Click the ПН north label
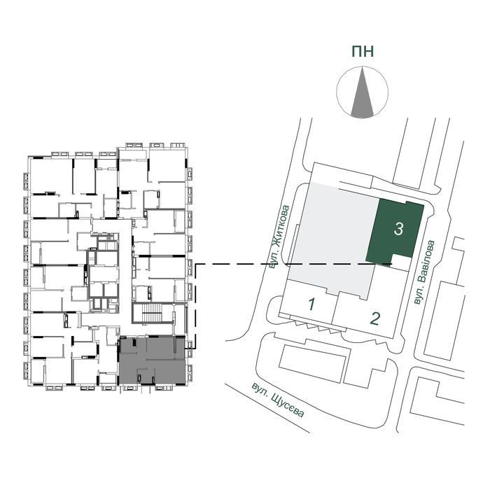[363, 52]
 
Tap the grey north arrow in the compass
[362, 93]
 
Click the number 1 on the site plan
[311, 304]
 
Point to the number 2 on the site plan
[375, 318]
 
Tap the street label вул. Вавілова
[424, 272]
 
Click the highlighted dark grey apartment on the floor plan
[152, 360]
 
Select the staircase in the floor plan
[152, 312]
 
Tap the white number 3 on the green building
[398, 229]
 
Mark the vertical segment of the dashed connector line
[196, 307]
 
